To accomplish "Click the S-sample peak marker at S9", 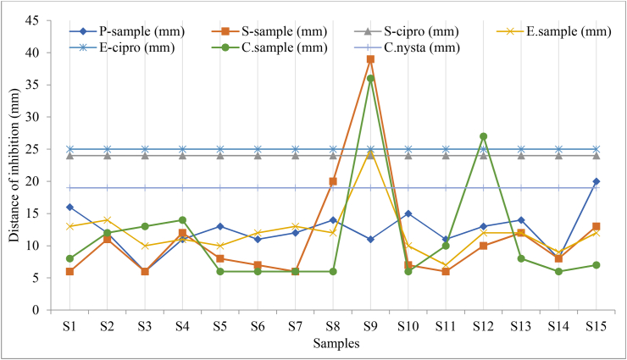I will point(370,59).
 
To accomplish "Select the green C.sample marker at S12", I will point(483,136).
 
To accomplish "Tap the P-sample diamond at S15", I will point(596,181).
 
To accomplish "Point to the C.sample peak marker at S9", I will point(370,79).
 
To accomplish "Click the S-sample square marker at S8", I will point(333,181).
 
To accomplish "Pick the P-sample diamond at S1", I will point(69,207).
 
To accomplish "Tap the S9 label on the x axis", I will point(370,324).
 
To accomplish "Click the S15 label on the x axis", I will point(596,324).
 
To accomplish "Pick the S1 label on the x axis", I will point(69,324).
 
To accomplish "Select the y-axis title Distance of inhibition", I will point(14,166).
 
